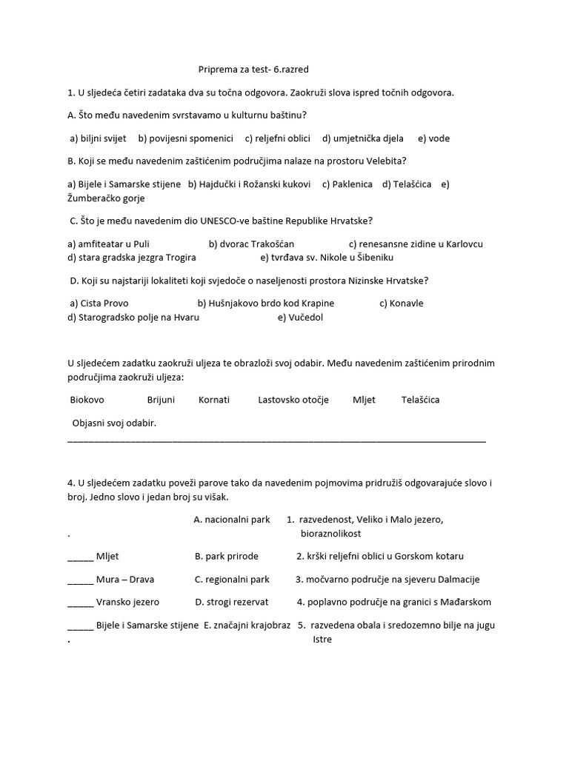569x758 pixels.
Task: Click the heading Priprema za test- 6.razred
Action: pos(253,70)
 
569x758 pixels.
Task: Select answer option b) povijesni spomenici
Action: pos(185,138)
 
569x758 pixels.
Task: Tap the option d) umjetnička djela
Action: pos(363,138)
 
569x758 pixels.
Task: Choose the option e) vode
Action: pos(433,138)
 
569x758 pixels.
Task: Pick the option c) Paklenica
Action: pos(347,184)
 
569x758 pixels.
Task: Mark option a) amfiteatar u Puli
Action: pos(108,244)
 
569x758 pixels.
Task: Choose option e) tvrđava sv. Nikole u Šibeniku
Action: pos(327,257)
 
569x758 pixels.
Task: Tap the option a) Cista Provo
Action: pos(100,303)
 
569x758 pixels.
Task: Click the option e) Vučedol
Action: pos(300,317)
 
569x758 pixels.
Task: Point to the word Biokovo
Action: pos(87,400)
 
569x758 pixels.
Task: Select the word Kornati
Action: pos(214,400)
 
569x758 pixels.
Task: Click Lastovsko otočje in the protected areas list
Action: pos(293,400)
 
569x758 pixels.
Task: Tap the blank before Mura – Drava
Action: pos(81,580)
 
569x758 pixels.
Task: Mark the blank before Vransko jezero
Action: pos(81,603)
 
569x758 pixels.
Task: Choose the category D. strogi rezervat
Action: pos(232,602)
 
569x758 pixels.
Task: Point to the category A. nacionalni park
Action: pos(232,520)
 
